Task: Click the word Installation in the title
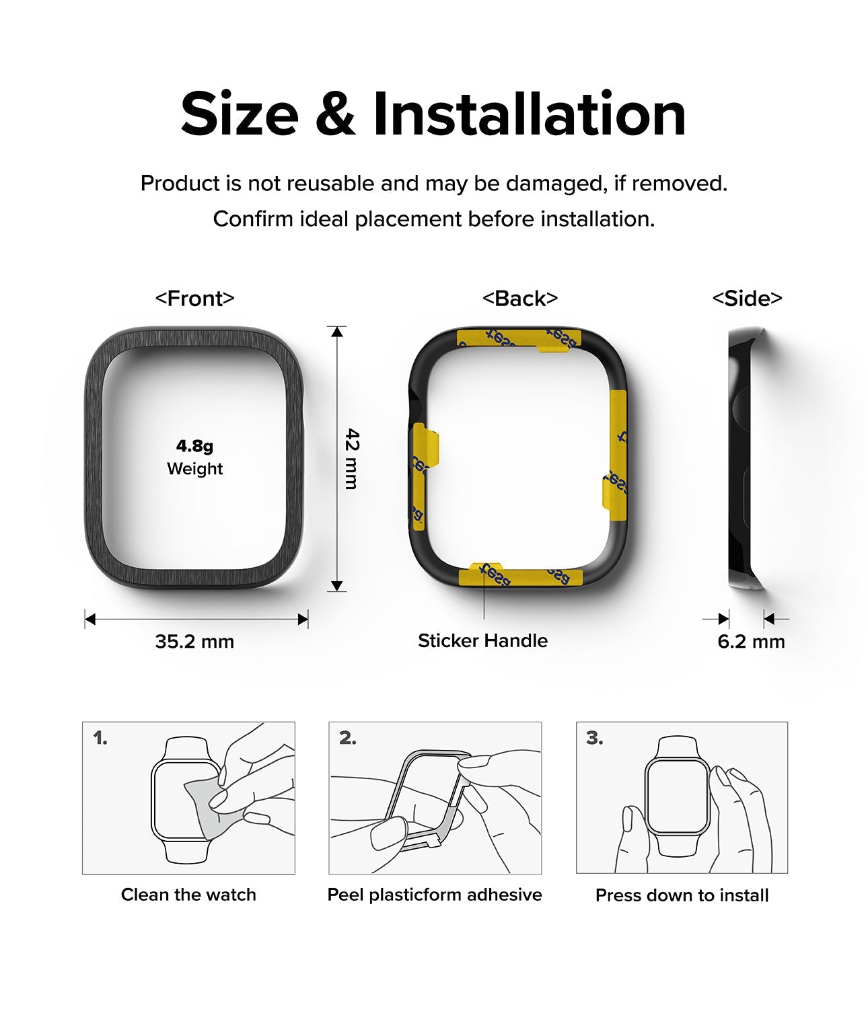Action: tap(529, 114)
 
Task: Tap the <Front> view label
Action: tap(194, 298)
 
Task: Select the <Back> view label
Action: tap(520, 298)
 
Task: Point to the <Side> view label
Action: tap(747, 298)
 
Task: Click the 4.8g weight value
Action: tap(194, 445)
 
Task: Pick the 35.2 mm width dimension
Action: tap(194, 641)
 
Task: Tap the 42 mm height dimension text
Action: tap(352, 459)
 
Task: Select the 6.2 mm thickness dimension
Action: tap(751, 641)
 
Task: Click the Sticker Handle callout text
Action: tap(482, 640)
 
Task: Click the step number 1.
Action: tap(100, 739)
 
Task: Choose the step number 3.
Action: tap(594, 739)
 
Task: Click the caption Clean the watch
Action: tap(188, 895)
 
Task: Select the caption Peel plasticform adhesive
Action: tap(435, 895)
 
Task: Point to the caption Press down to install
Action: tap(682, 895)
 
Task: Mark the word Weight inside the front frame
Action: tap(194, 469)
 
